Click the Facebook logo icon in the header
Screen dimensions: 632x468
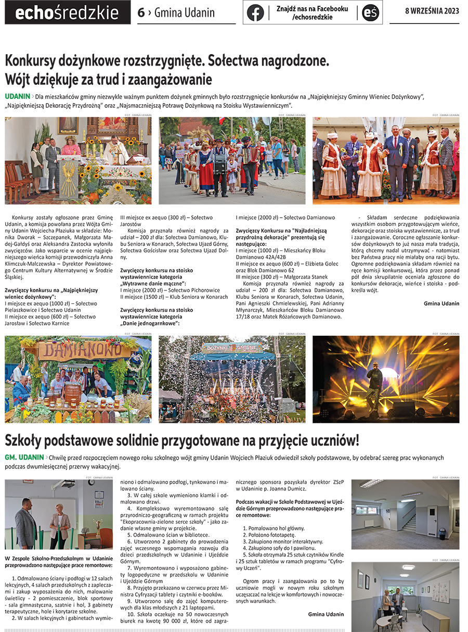coord(255,12)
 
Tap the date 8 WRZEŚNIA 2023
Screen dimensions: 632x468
coord(432,12)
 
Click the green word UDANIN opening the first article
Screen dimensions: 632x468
coord(17,96)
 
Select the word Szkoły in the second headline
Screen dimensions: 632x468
coord(25,440)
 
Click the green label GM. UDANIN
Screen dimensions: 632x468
coord(24,457)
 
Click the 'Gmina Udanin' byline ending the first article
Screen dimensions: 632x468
coord(441,304)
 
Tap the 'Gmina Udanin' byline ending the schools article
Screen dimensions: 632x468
coord(326,614)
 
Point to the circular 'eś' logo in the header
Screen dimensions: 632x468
coord(371,12)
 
